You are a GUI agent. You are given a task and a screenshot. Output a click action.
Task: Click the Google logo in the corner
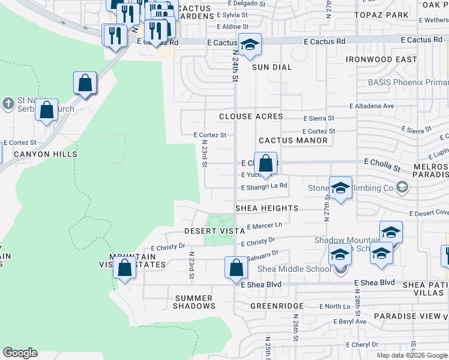click(20, 353)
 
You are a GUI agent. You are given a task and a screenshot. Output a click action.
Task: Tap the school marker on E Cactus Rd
click(250, 44)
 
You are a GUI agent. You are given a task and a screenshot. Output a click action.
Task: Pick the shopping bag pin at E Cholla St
click(265, 164)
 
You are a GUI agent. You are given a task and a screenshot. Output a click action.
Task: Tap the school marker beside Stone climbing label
click(340, 188)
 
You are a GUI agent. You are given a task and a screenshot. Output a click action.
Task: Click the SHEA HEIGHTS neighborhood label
click(267, 208)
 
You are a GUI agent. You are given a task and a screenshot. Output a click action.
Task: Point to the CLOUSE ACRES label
click(251, 116)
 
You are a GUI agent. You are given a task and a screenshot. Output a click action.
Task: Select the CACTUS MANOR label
click(293, 140)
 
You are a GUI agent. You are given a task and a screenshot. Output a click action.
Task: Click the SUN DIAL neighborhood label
click(271, 67)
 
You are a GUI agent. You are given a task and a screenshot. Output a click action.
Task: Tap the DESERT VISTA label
click(214, 231)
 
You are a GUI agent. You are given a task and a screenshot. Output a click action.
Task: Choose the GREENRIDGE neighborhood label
click(277, 305)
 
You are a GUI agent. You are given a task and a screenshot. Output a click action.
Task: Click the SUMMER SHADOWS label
click(194, 302)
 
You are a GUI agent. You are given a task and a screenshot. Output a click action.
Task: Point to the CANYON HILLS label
click(46, 154)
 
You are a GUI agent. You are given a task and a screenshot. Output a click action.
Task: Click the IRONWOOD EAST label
click(381, 59)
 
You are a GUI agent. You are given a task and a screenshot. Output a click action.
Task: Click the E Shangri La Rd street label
click(264, 186)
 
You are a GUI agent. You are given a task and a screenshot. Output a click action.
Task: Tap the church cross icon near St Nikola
click(8, 104)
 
